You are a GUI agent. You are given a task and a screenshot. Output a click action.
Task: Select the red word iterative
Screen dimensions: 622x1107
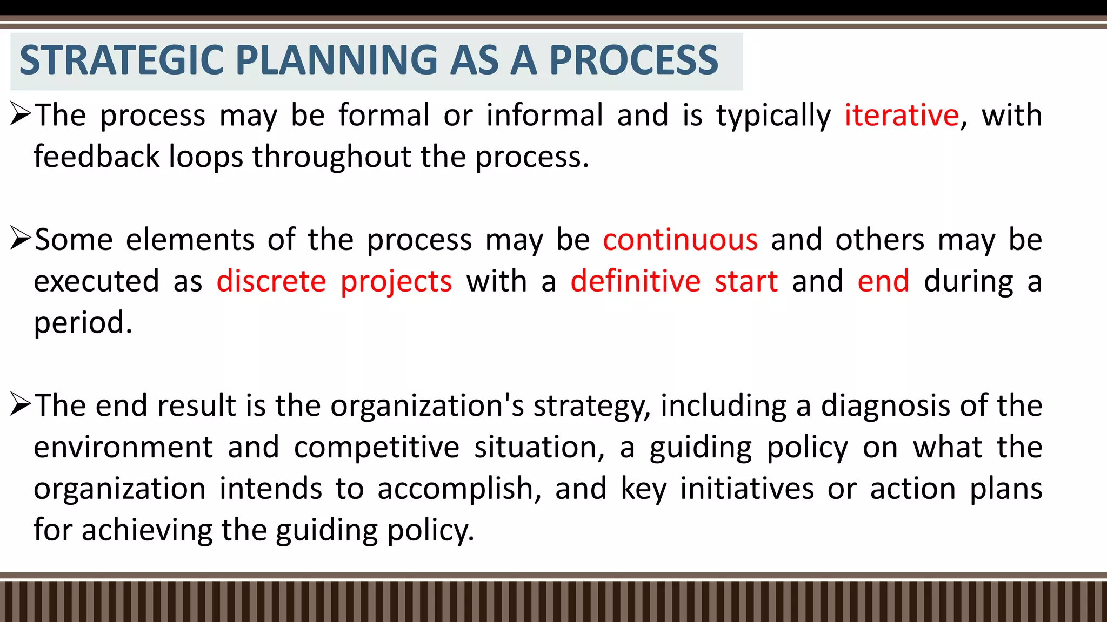coord(902,116)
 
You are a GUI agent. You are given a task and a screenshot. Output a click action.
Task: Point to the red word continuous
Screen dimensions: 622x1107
coord(680,240)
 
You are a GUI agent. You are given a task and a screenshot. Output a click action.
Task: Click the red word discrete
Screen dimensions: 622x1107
coord(271,281)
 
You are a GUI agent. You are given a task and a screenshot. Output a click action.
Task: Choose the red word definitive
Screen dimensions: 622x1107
coord(636,281)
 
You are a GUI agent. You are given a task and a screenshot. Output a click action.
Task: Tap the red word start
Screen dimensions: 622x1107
coord(746,281)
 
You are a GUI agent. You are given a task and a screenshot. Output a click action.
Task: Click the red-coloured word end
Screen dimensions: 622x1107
coord(883,281)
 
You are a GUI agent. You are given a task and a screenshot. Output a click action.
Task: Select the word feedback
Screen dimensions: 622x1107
coord(97,157)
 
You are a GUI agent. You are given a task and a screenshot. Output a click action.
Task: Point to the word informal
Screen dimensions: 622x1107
coord(544,116)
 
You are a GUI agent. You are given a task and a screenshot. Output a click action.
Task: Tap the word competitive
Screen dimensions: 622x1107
coord(377,448)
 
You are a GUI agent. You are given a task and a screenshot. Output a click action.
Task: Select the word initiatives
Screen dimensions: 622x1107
coord(746,489)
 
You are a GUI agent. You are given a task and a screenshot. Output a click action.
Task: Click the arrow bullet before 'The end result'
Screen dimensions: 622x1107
coord(21,405)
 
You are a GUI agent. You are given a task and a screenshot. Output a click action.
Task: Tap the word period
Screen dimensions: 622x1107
coord(83,323)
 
